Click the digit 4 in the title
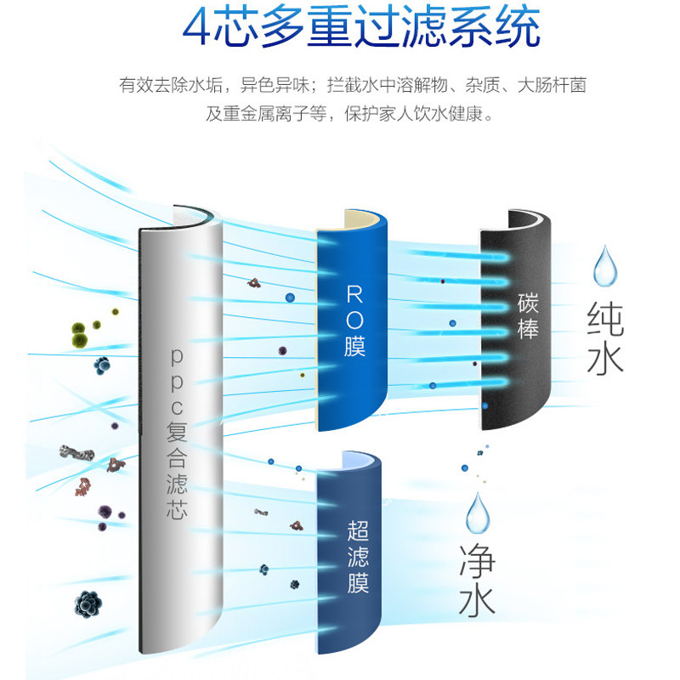pos(204,29)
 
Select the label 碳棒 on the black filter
pos(528,316)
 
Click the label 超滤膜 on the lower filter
pos(358,558)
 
